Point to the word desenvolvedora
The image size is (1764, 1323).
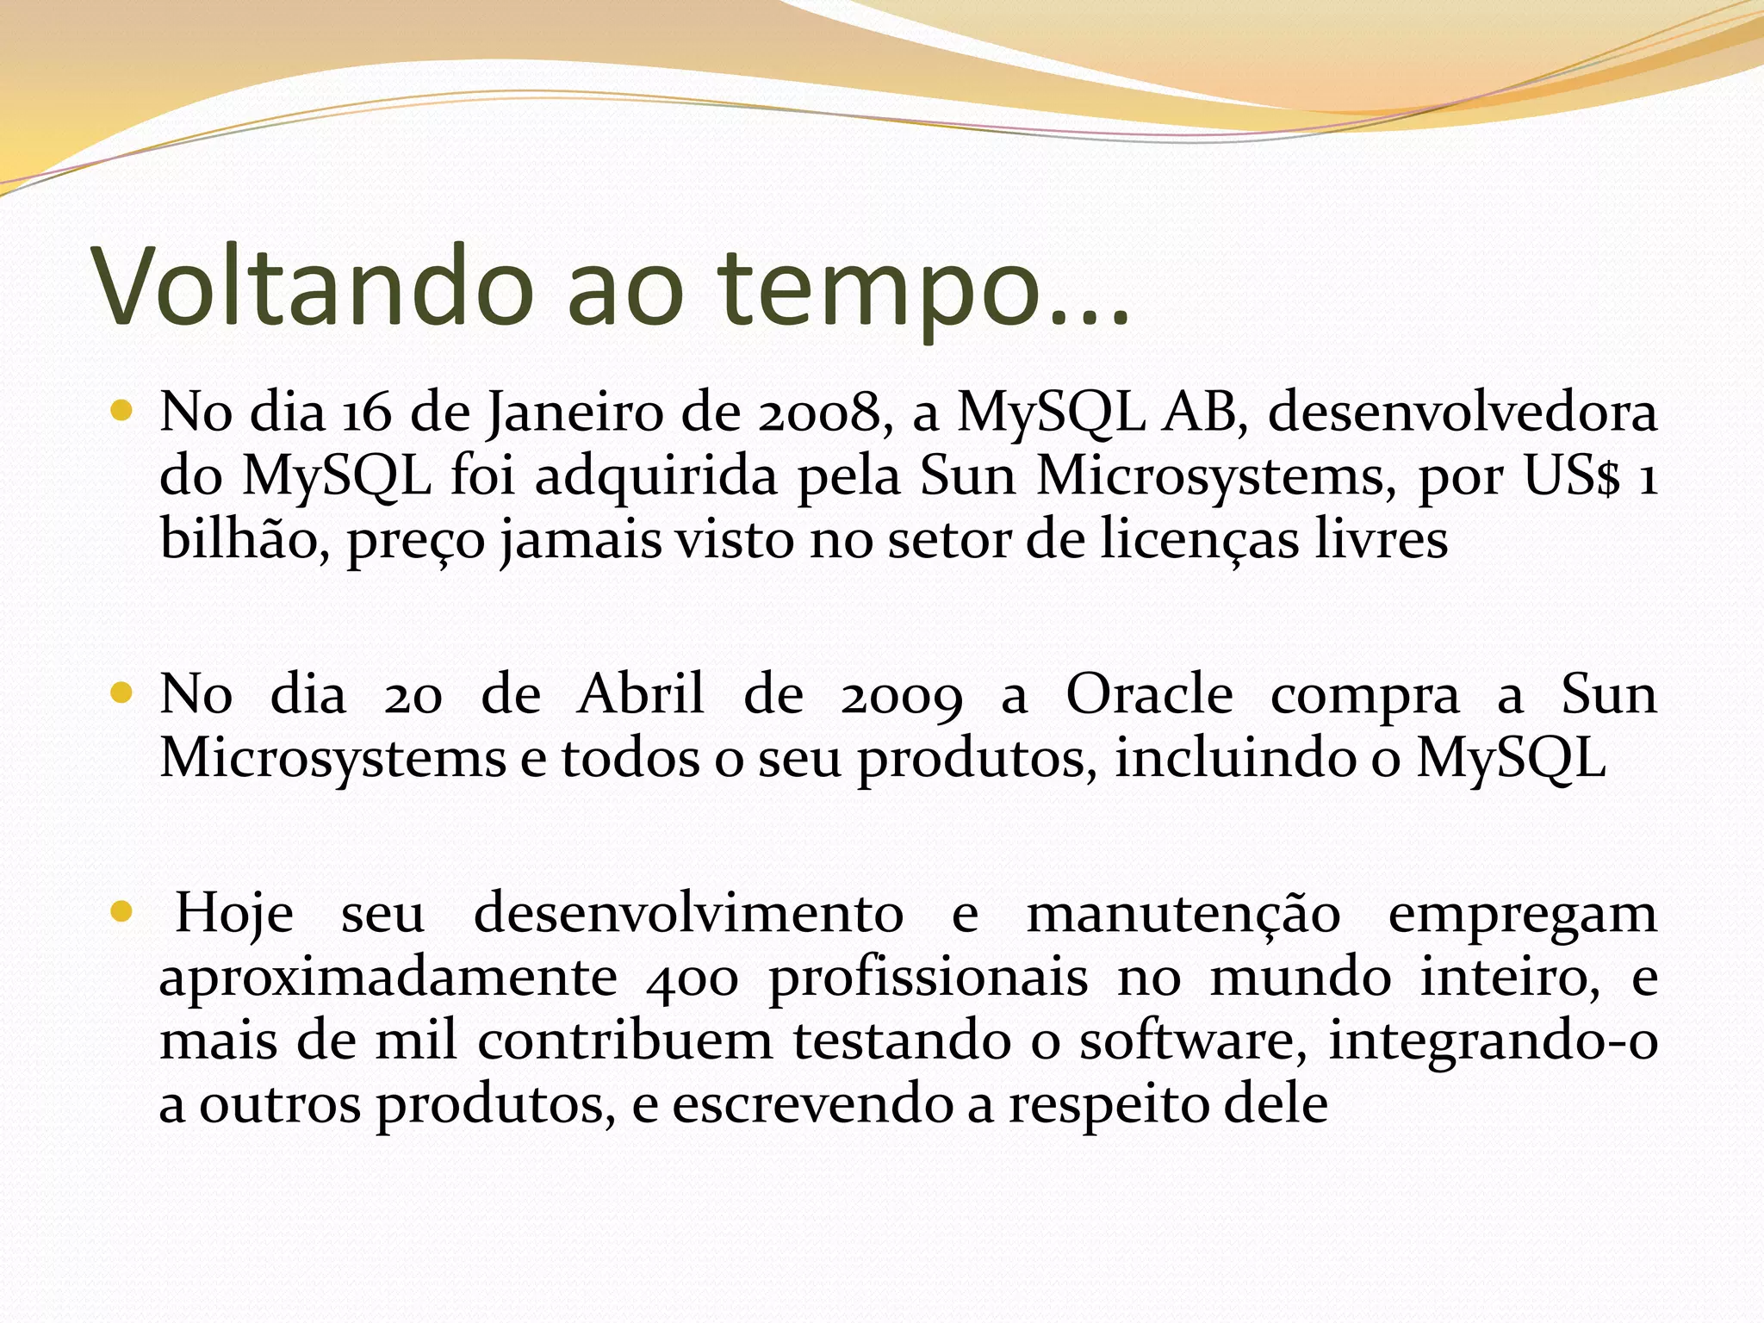click(1462, 412)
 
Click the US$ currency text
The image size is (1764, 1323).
click(1571, 475)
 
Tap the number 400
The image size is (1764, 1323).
click(692, 978)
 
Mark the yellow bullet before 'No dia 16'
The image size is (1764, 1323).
click(121, 411)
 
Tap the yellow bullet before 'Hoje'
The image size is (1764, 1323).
click(121, 911)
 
